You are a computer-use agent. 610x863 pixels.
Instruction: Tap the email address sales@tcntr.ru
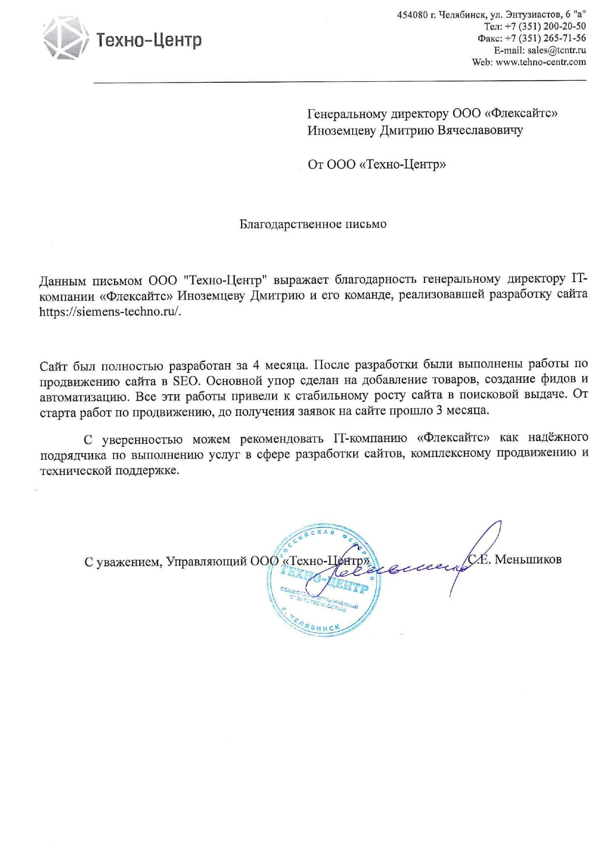pos(556,50)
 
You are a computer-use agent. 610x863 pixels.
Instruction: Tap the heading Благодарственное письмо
pos(313,224)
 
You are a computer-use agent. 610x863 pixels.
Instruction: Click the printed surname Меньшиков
pos(528,559)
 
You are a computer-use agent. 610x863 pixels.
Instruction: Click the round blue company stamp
pos(322,580)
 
